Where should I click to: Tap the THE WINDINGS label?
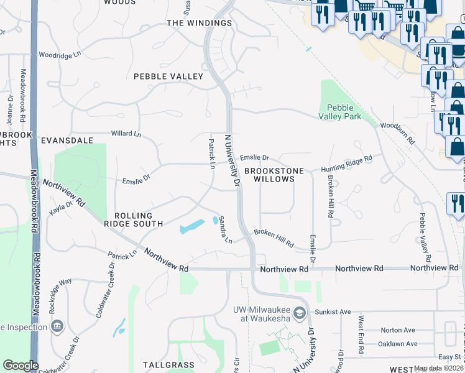coord(199,23)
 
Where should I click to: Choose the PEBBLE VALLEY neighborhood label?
coord(168,76)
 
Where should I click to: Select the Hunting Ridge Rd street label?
coord(346,163)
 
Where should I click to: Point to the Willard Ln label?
coord(126,134)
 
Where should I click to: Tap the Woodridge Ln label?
coord(60,55)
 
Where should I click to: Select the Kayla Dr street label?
coord(62,208)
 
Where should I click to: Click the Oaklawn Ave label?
coord(398,344)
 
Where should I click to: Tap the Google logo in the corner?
coord(21,366)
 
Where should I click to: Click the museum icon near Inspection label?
coord(57,326)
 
